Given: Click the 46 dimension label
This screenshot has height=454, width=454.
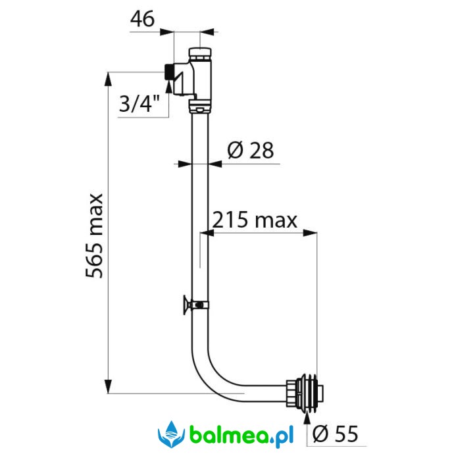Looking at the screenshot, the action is pyautogui.click(x=142, y=19).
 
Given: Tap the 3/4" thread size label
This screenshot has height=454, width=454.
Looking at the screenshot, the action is pyautogui.click(x=139, y=104).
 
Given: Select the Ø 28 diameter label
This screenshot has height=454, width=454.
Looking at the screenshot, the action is pyautogui.click(x=251, y=150).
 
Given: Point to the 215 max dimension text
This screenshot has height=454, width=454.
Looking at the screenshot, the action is pyautogui.click(x=255, y=220).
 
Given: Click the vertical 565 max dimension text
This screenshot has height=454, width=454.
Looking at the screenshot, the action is pyautogui.click(x=94, y=236).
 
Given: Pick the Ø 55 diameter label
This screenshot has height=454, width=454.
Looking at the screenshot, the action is pyautogui.click(x=336, y=434).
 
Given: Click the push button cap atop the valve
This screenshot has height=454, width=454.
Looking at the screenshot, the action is pyautogui.click(x=200, y=53).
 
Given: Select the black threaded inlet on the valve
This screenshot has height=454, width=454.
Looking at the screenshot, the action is pyautogui.click(x=168, y=72).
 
